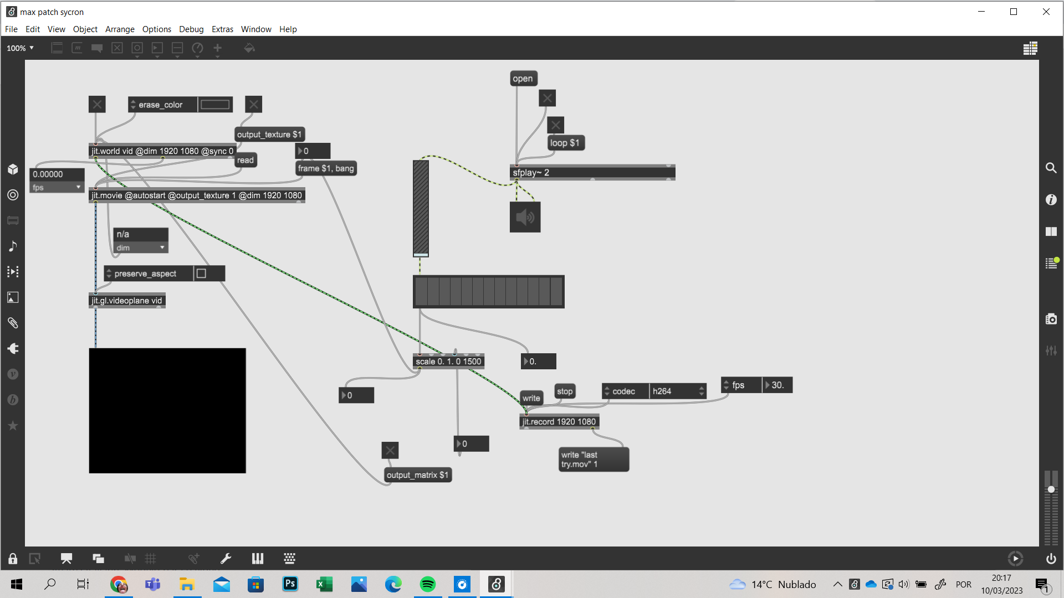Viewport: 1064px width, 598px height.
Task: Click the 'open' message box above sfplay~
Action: click(x=523, y=79)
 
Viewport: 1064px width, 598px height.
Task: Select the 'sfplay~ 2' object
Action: click(x=592, y=173)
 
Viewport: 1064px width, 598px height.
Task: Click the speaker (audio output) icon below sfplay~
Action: click(x=525, y=217)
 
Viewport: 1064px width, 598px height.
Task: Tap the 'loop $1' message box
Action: click(x=566, y=143)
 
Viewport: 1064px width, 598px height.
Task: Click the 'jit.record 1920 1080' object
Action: click(x=559, y=422)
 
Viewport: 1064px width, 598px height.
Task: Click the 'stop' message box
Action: click(x=565, y=391)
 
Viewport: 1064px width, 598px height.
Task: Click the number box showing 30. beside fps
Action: click(x=777, y=385)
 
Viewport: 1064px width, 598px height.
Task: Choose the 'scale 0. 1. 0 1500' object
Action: click(x=449, y=362)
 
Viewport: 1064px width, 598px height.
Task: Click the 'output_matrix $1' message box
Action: click(x=418, y=475)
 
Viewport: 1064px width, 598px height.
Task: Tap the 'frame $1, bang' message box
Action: click(x=326, y=168)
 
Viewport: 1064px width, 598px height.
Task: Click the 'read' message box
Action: click(x=245, y=161)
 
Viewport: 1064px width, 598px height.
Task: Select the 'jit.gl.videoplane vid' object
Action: click(x=127, y=301)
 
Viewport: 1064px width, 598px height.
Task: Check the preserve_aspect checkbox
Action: click(x=202, y=274)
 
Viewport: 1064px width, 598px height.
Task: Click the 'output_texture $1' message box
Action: click(x=269, y=135)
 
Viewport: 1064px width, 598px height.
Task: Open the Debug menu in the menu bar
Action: click(x=191, y=29)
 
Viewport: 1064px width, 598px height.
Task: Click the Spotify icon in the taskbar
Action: click(x=428, y=584)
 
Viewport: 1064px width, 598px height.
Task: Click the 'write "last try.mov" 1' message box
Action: click(x=594, y=460)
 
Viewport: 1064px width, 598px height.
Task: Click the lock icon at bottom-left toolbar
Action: click(x=13, y=559)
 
